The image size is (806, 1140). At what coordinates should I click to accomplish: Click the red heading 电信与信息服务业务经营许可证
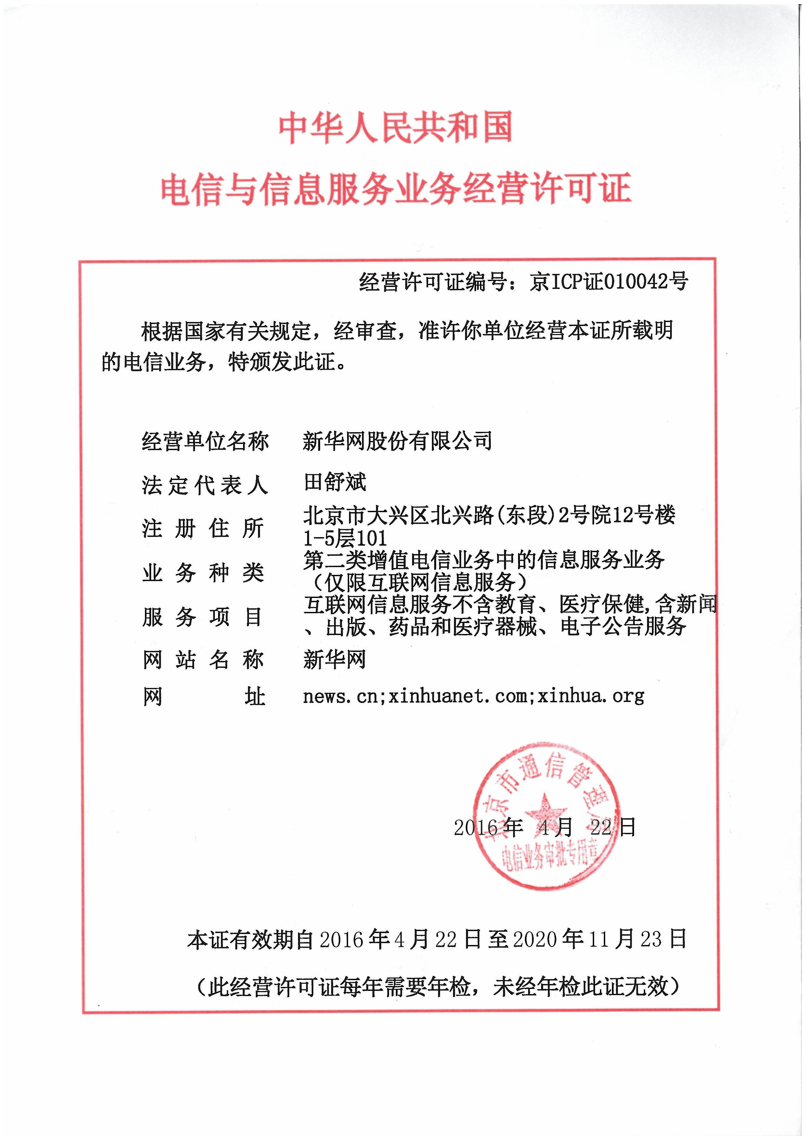click(396, 189)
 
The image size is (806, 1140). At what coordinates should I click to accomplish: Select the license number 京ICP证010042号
click(608, 282)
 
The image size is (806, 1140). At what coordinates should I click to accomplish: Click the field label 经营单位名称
click(205, 441)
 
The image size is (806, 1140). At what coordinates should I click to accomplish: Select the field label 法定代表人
click(205, 485)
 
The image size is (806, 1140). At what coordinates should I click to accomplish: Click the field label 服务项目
click(203, 617)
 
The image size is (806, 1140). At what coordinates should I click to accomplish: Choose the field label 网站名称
click(203, 660)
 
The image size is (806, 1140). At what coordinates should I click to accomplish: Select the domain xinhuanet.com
click(458, 697)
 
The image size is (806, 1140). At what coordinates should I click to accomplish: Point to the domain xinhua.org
click(591, 697)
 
